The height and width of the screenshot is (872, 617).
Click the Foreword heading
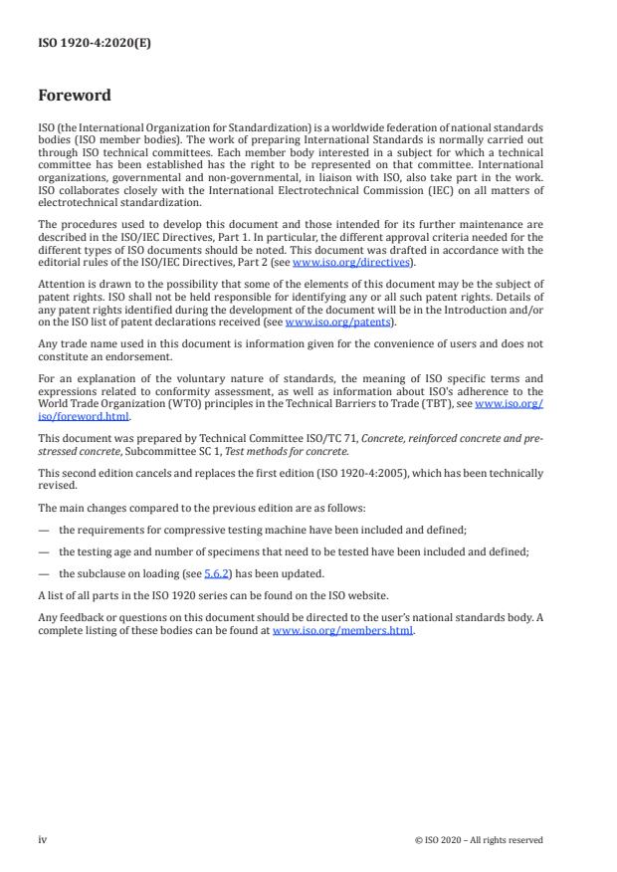[x=75, y=96]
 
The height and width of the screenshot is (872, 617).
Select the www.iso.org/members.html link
[x=343, y=631]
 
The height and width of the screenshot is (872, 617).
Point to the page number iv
[x=43, y=839]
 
